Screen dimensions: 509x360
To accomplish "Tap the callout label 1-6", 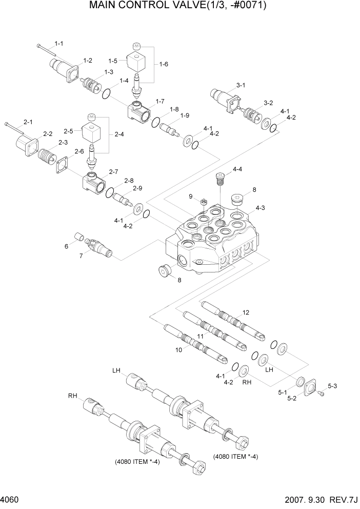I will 164,64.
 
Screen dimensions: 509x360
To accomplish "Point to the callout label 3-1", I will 241,85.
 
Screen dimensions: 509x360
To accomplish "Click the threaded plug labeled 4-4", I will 220,179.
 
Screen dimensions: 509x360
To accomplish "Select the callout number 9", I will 190,196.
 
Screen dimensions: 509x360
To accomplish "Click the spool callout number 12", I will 246,312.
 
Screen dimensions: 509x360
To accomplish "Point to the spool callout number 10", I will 179,350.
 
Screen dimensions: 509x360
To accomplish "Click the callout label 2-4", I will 119,134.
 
